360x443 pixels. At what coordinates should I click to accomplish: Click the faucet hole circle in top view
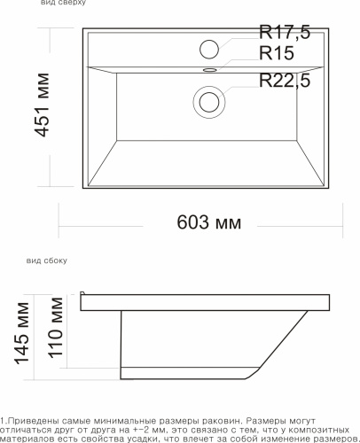click(x=210, y=47)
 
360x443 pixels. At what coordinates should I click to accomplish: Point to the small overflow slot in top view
click(x=210, y=67)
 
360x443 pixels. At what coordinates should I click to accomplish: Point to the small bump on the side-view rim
click(x=82, y=293)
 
